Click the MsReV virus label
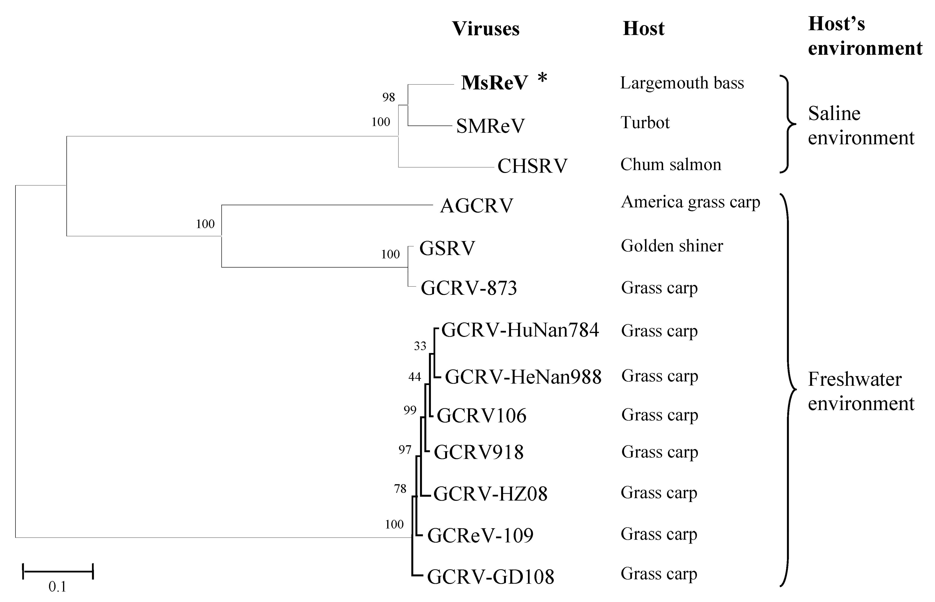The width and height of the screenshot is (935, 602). [494, 83]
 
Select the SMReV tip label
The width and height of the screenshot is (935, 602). [490, 126]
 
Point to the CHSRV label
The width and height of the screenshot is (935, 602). [532, 166]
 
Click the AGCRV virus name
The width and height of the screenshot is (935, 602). [476, 206]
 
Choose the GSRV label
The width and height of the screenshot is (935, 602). [447, 248]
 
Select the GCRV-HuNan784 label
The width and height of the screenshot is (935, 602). [520, 330]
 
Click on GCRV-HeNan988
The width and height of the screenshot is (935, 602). [523, 377]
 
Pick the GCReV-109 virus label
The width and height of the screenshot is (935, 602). [480, 536]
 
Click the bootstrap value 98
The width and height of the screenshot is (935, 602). [388, 97]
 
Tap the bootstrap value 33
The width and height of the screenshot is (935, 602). [420, 346]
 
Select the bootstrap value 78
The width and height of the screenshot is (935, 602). [400, 489]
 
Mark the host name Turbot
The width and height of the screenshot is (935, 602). [645, 123]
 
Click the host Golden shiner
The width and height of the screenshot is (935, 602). [672, 246]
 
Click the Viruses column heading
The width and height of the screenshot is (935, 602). [485, 29]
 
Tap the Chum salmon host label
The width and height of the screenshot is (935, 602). [670, 165]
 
